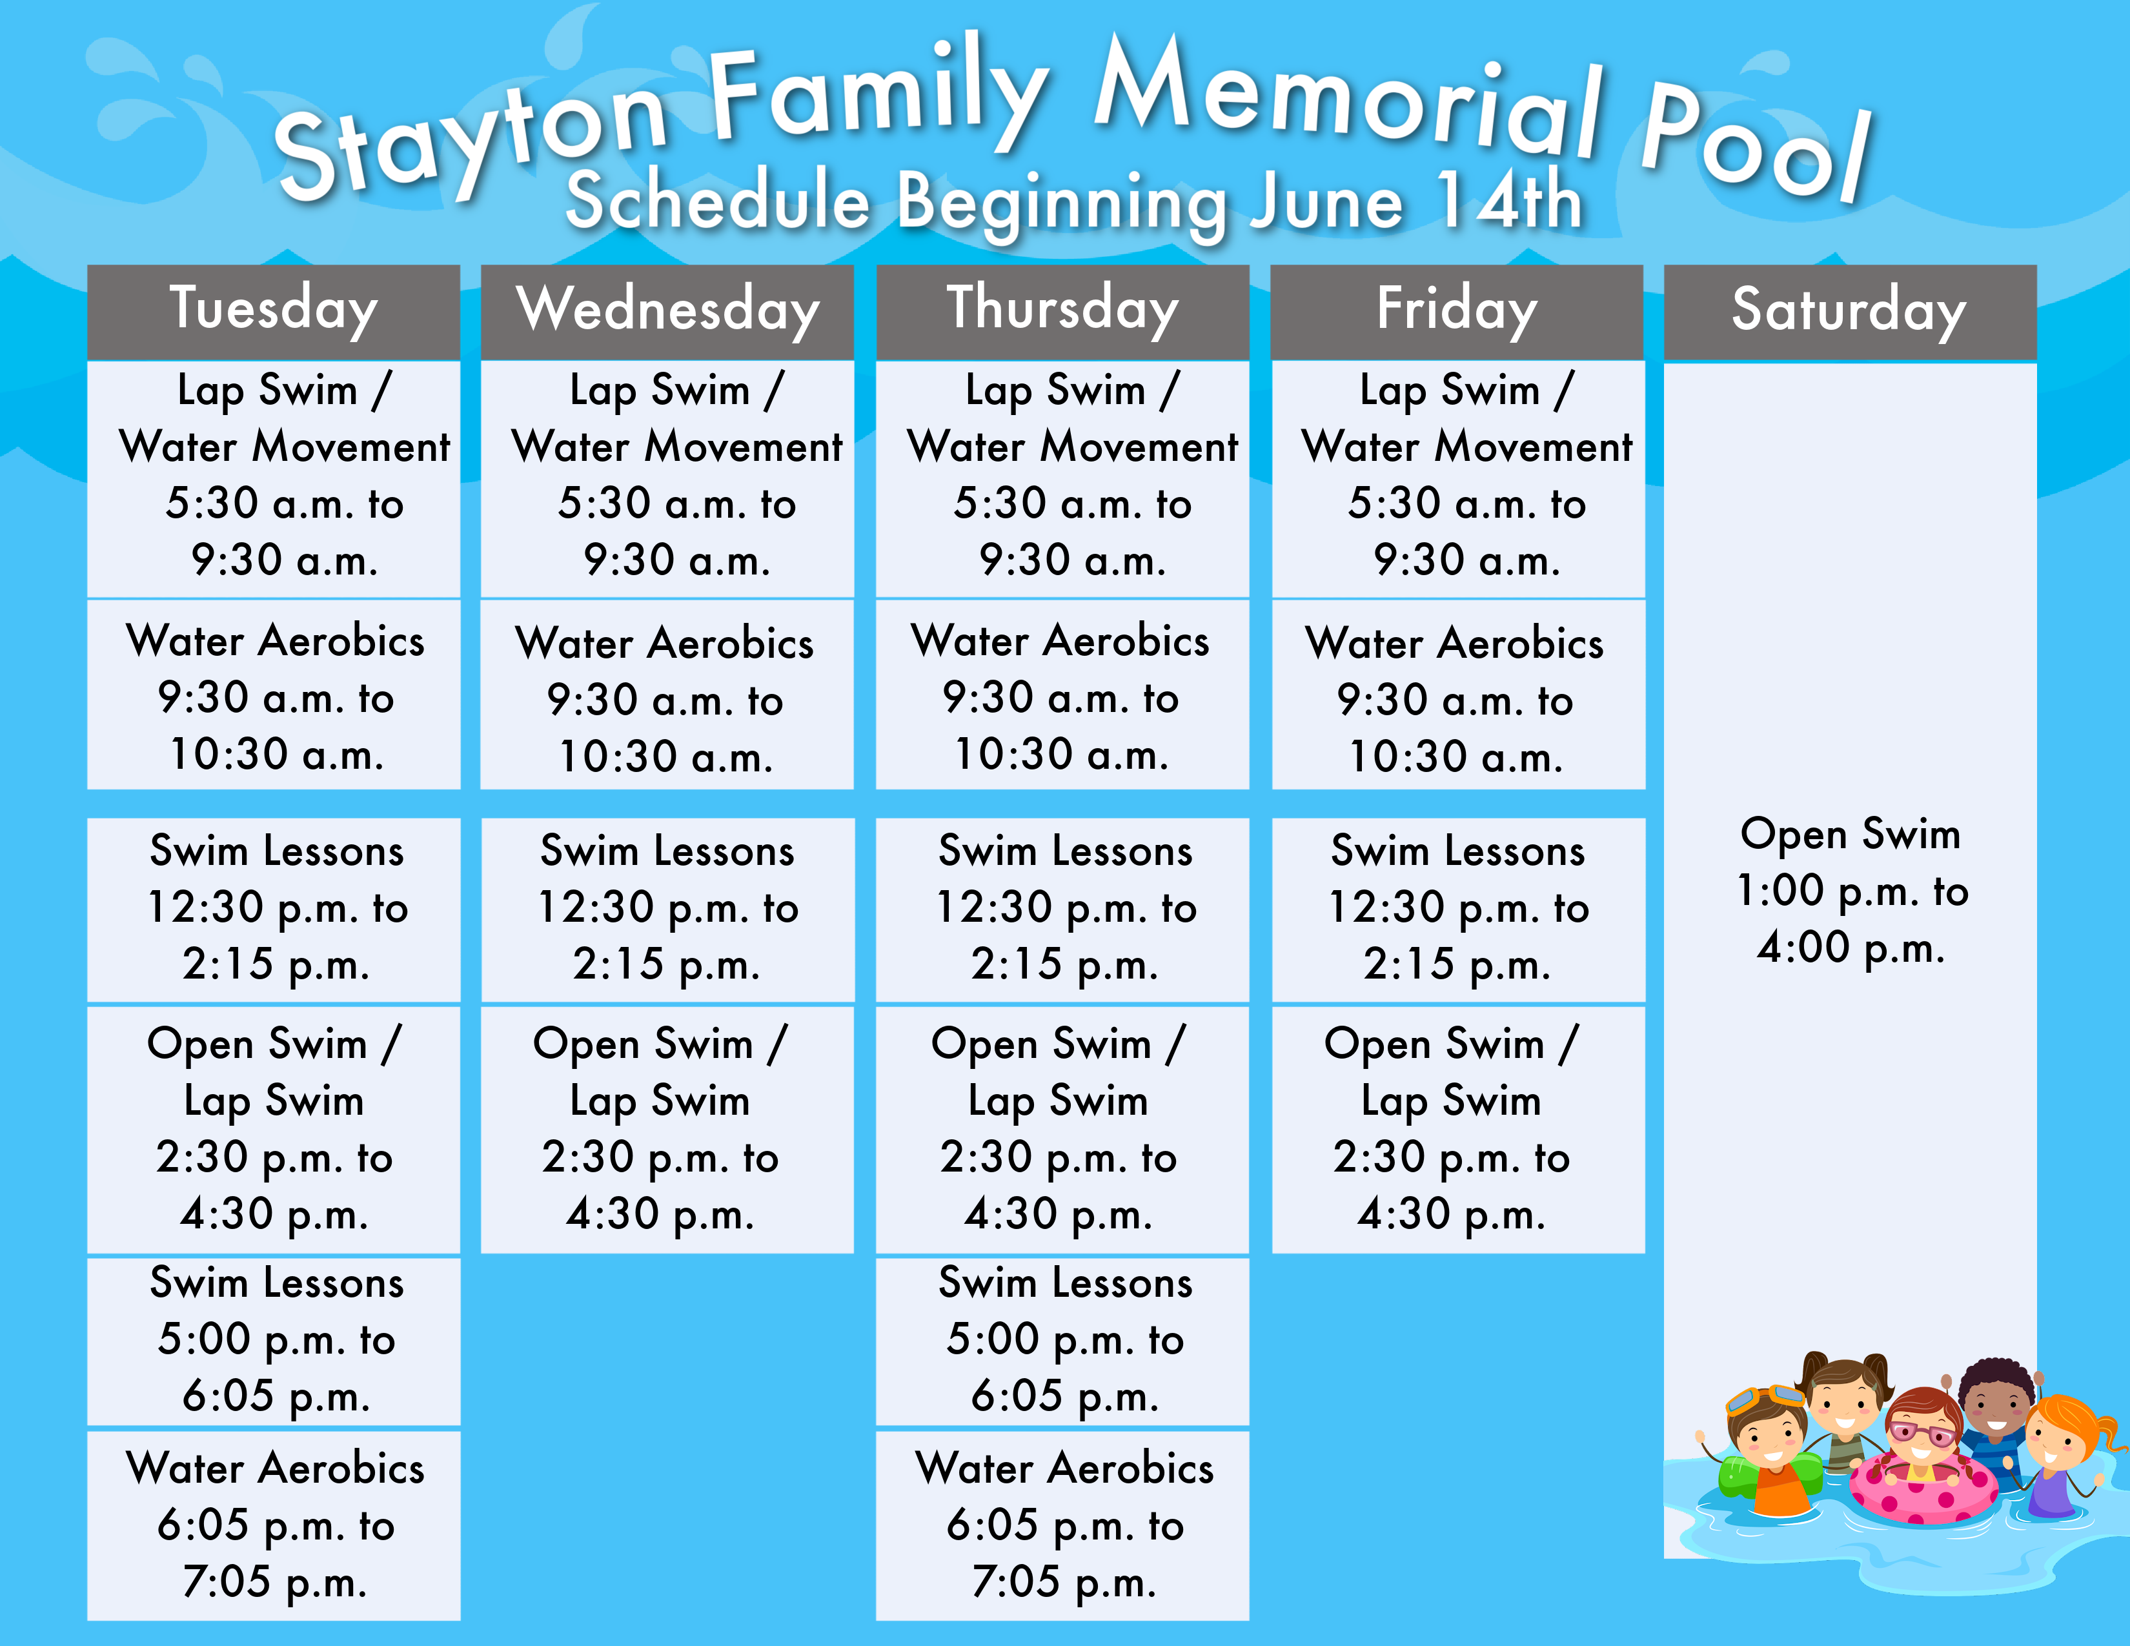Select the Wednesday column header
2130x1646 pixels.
pyautogui.click(x=667, y=312)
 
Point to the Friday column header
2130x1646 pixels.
pyautogui.click(x=1457, y=312)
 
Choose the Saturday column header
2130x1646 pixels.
pyautogui.click(x=1850, y=312)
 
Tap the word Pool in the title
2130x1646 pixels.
pyautogui.click(x=1756, y=147)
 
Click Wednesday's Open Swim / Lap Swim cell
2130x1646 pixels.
pyautogui.click(x=667, y=1129)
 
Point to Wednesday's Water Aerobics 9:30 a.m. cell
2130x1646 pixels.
pyautogui.click(x=667, y=695)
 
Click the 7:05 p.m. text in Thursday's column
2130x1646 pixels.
pyautogui.click(x=1064, y=1581)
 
